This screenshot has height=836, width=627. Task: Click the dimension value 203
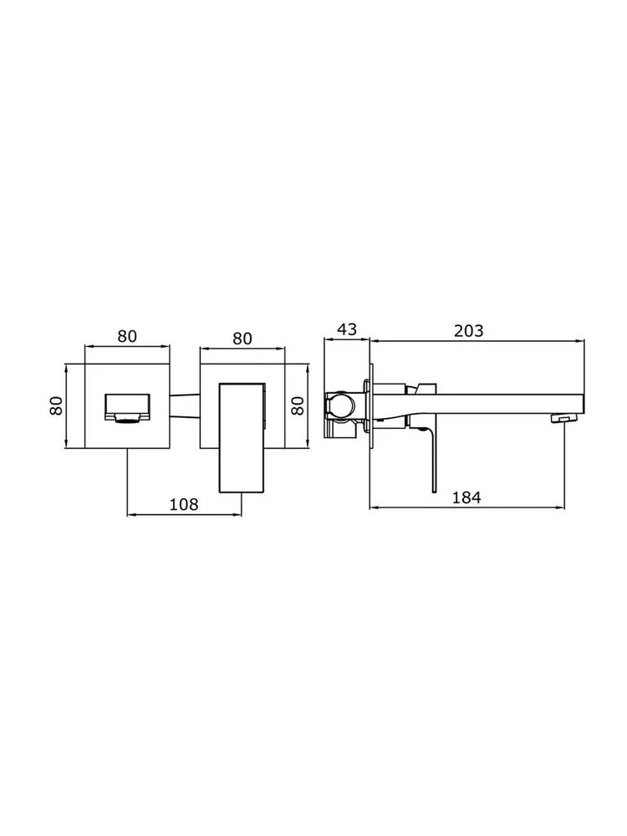469,330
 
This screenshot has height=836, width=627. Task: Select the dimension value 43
347,329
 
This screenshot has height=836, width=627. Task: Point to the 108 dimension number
184,504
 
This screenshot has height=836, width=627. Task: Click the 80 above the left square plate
127,336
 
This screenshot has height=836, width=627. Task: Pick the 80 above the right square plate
242,339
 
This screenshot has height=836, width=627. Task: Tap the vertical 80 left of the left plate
57,405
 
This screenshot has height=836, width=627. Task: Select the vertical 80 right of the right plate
298,405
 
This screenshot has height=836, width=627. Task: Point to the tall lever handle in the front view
242,437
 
